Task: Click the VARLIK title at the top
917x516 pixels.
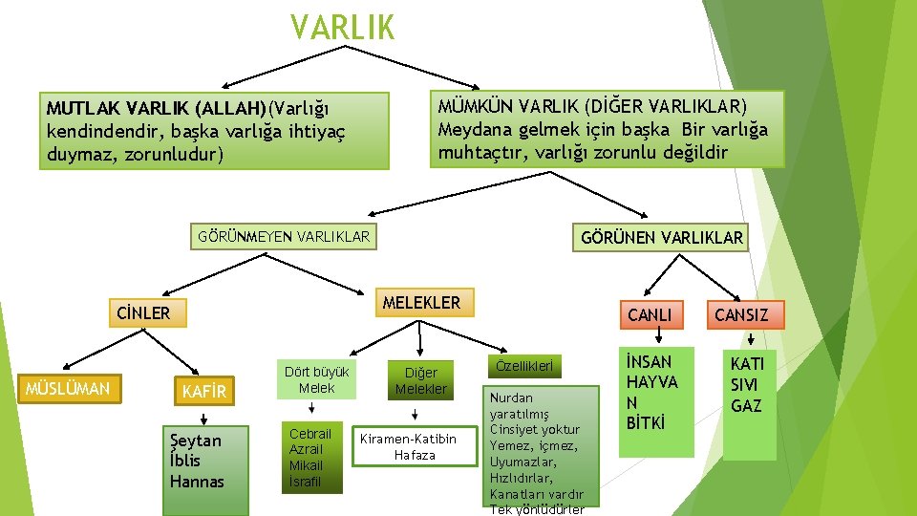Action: click(343, 27)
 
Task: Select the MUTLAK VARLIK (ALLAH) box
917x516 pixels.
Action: click(214, 130)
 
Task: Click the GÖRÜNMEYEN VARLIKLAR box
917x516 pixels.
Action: click(283, 235)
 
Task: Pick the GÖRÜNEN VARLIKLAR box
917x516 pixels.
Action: click(661, 238)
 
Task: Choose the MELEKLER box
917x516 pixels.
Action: click(420, 303)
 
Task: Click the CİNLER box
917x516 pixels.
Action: click(142, 312)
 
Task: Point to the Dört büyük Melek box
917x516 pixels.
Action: click(316, 379)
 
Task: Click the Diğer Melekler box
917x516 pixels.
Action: click(420, 380)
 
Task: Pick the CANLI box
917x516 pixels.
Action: click(650, 314)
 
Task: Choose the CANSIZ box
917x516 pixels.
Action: click(741, 314)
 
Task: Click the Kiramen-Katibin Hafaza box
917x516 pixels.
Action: click(415, 446)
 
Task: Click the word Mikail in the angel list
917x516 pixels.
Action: click(306, 465)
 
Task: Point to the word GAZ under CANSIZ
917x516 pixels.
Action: click(747, 406)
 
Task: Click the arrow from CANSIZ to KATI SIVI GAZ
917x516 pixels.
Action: click(751, 336)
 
